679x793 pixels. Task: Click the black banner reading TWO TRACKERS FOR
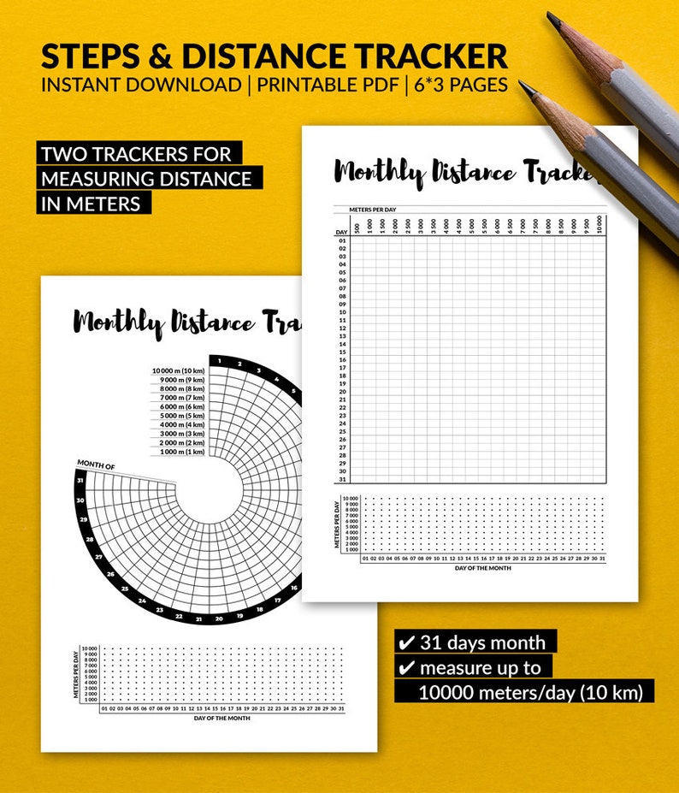tap(141, 155)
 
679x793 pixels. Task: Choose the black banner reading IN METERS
tap(95, 204)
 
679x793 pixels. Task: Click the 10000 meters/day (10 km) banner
tap(530, 692)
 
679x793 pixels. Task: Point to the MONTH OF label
tap(96, 465)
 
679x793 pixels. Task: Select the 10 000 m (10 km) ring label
tap(179, 371)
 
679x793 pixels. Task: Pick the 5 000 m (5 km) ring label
tap(179, 416)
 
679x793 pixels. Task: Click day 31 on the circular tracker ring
tap(80, 480)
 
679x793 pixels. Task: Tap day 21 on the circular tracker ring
tap(198, 618)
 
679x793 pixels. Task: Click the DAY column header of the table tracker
tap(341, 232)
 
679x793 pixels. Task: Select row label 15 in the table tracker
tap(341, 352)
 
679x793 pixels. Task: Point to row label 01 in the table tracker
tap(341, 240)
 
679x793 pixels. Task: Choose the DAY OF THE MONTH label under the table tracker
tap(483, 568)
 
